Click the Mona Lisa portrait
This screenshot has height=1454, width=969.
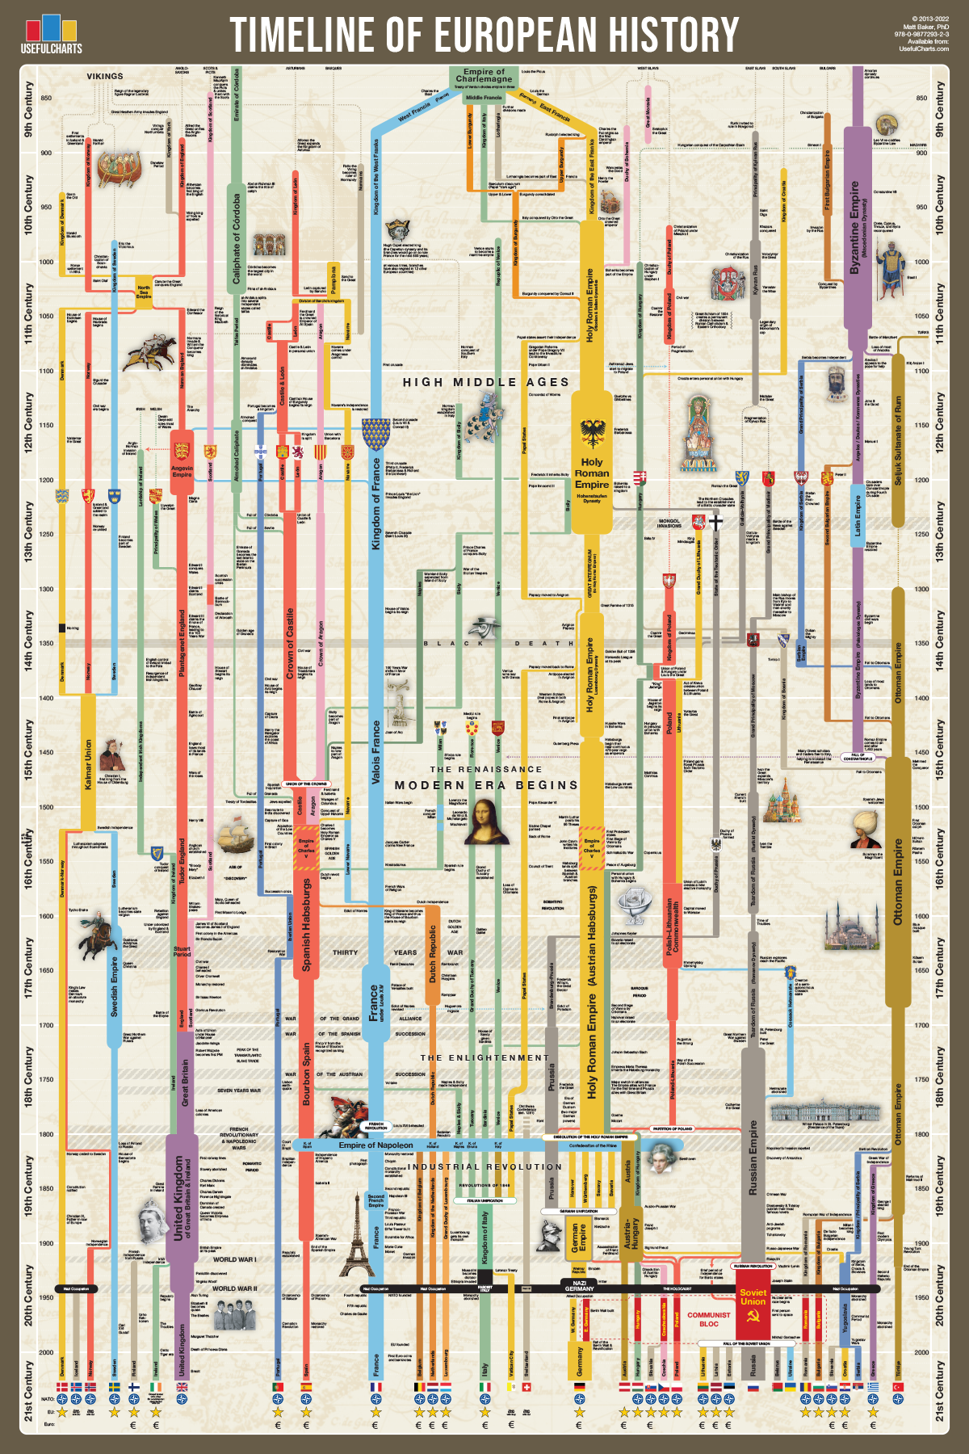click(486, 821)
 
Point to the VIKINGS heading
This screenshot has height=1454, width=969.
click(105, 76)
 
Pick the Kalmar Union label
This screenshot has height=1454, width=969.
click(88, 764)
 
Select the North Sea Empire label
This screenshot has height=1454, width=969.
click(144, 292)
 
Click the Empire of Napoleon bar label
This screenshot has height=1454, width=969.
click(375, 1145)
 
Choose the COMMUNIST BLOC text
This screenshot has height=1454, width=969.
click(708, 1319)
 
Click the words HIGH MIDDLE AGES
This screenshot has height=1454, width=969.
click(486, 382)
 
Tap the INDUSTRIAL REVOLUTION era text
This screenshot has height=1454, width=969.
click(484, 1166)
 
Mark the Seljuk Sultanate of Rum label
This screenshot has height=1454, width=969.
click(899, 440)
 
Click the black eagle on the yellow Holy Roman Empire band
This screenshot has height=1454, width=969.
click(593, 433)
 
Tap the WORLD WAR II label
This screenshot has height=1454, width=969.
click(234, 1288)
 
